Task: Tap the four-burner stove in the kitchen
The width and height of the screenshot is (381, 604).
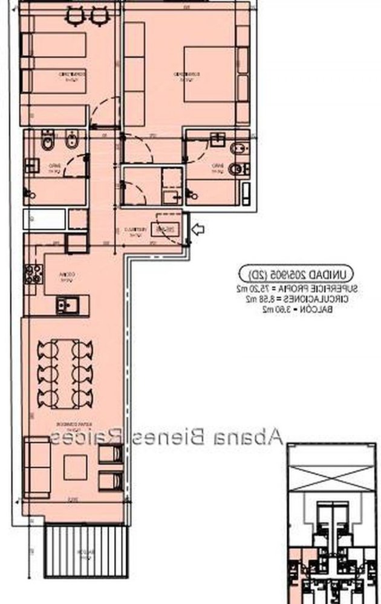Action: click(x=33, y=274)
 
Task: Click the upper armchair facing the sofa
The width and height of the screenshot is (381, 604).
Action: click(x=111, y=455)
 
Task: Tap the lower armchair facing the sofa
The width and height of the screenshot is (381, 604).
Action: click(x=111, y=481)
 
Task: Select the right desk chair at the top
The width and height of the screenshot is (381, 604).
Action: click(x=99, y=16)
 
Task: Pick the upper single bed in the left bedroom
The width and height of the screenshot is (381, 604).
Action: click(x=54, y=47)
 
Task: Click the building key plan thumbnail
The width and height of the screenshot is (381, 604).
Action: click(x=331, y=522)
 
